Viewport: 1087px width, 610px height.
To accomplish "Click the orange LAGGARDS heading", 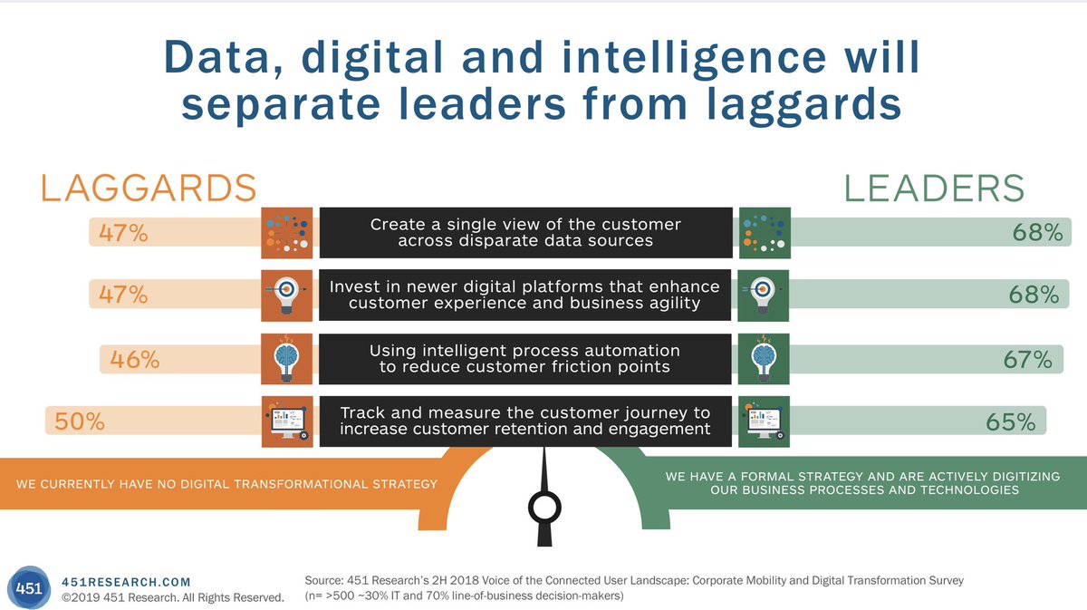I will point(149,188).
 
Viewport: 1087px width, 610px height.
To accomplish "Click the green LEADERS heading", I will point(934,188).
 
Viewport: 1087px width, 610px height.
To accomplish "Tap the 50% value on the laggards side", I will point(80,421).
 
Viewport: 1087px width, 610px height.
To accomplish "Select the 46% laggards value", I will point(134,359).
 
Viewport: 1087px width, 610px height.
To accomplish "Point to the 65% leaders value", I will point(1011,421).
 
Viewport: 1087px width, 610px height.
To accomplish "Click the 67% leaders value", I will point(1027,359).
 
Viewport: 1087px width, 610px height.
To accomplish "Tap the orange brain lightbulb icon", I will point(286,359).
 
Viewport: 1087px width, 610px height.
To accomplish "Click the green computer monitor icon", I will point(765,421).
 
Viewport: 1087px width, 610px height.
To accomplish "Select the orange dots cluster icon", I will point(286,233).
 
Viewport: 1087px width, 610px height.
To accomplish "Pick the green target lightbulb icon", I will point(765,295).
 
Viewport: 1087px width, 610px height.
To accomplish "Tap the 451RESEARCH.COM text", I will point(126,581).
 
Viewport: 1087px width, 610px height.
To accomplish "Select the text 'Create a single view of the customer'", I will point(525,224).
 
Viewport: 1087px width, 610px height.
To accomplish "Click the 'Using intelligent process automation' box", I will point(525,359).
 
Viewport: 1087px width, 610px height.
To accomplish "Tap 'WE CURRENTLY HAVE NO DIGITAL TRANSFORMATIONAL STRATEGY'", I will point(226,483).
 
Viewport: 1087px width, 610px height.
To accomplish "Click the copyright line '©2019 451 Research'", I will point(172,597).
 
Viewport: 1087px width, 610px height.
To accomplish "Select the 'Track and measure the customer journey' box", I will point(525,421).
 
